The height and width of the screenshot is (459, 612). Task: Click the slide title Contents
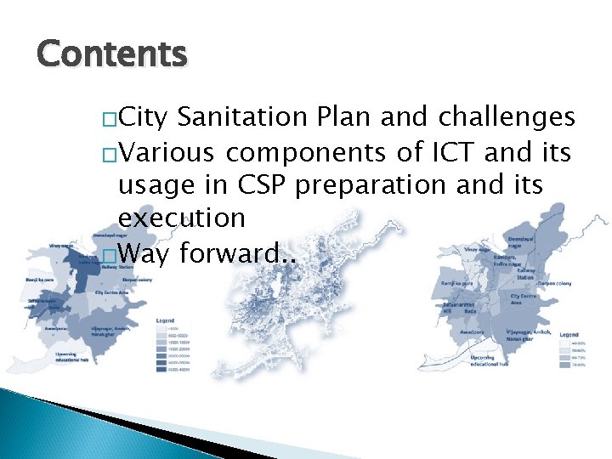point(111,54)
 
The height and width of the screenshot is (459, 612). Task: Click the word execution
point(182,218)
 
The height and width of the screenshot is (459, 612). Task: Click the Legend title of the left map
point(166,320)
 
